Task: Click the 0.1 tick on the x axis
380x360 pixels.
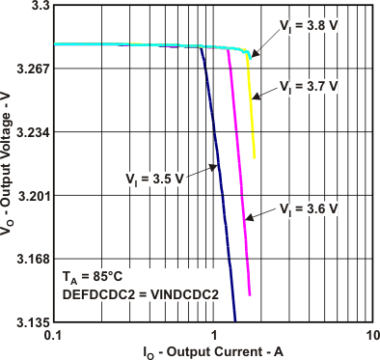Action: pyautogui.click(x=53, y=334)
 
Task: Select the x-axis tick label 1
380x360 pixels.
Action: pyautogui.click(x=213, y=334)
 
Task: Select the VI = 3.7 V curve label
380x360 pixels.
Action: pyautogui.click(x=309, y=86)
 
